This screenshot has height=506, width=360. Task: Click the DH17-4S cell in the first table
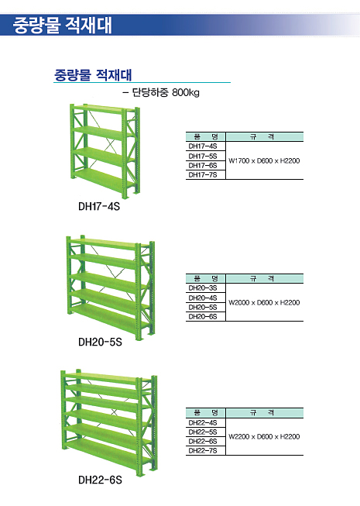[x=203, y=146]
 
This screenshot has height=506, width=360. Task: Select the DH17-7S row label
[x=203, y=175]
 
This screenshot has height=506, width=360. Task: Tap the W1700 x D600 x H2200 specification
[x=264, y=160]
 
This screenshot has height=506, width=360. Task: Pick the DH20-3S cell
[x=203, y=287]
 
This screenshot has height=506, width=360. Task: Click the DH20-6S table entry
[x=203, y=317]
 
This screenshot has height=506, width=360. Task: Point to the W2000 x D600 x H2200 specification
[x=264, y=303]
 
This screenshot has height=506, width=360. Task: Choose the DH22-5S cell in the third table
[x=203, y=432]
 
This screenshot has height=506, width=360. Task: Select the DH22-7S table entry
[x=203, y=450]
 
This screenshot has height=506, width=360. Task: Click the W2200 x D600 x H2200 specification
[x=264, y=436]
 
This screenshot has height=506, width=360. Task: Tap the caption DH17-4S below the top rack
[x=99, y=206]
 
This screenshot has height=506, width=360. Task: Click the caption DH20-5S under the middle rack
[x=100, y=342]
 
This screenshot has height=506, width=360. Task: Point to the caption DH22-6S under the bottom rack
[x=100, y=480]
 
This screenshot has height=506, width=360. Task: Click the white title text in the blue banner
[x=63, y=25]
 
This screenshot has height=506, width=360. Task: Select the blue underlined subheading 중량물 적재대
[x=93, y=75]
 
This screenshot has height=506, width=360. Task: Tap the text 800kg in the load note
[x=186, y=93]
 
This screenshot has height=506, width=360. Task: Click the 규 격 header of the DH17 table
[x=262, y=137]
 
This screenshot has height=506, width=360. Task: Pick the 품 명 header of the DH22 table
[x=206, y=412]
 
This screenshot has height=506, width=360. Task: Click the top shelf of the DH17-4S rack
[x=103, y=108]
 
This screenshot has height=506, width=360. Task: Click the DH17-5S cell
[x=203, y=157]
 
